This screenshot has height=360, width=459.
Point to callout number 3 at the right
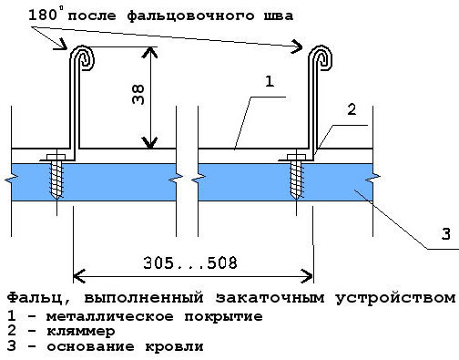tap(445, 235)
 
